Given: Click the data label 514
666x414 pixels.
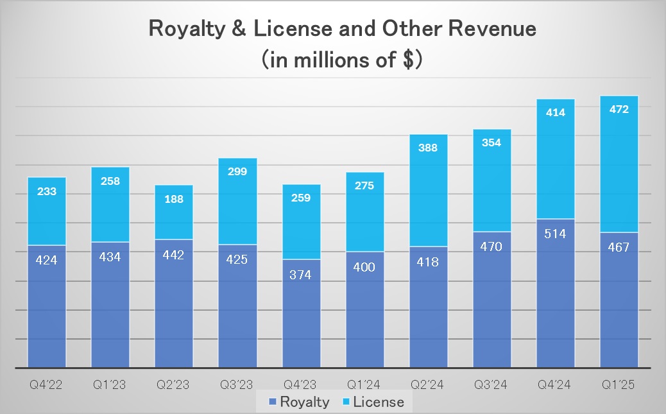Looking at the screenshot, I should click(556, 234).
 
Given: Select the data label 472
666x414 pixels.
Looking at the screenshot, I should click(619, 109).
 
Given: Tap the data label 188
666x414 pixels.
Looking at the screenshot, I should click(174, 199).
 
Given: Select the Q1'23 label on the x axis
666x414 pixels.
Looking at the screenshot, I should click(110, 385).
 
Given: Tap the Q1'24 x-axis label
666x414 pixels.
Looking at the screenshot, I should click(364, 385).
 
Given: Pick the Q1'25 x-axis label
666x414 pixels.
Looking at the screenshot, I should click(619, 385).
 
